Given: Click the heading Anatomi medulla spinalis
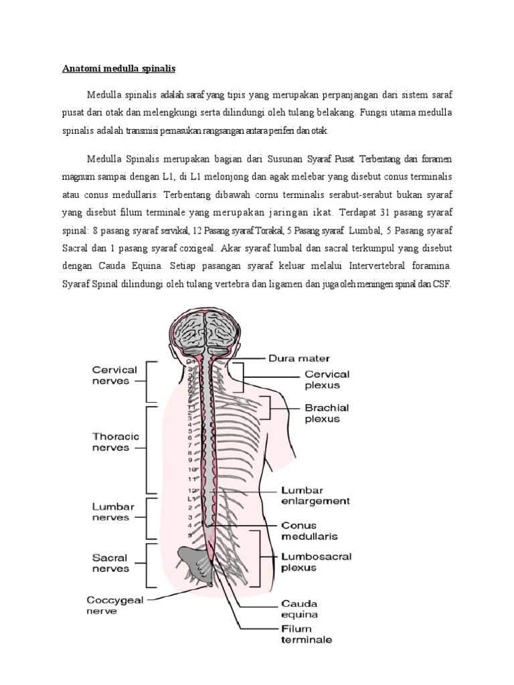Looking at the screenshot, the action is [x=119, y=68].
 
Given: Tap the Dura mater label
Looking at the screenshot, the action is [x=298, y=359].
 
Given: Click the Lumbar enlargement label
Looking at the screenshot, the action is [x=324, y=495].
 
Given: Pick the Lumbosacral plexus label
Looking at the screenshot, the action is [x=326, y=561].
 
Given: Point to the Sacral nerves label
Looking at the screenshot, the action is [x=111, y=563].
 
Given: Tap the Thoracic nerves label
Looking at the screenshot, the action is [x=116, y=442].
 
